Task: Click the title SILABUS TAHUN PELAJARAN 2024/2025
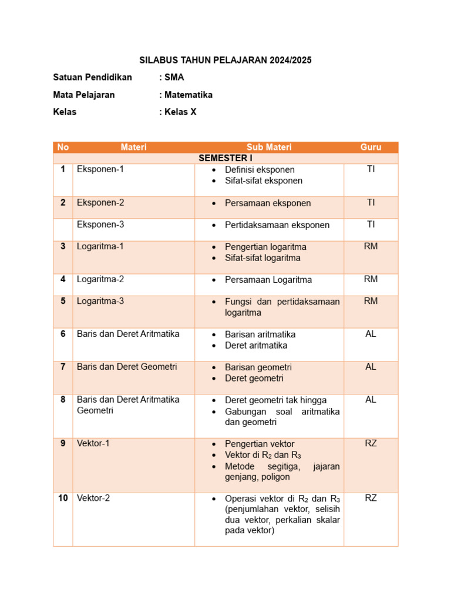tap(225, 60)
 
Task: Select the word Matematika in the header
tap(189, 95)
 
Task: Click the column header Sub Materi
tap(269, 147)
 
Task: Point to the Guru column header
tap(371, 147)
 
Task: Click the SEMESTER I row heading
tap(225, 158)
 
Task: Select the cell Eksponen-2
tap(100, 202)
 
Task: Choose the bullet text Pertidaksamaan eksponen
tap(277, 225)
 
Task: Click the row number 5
tap(63, 301)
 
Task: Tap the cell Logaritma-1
tap(100, 246)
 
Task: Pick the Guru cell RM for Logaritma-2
tap(371, 279)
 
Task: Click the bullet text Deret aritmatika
tap(256, 345)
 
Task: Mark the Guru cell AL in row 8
tap(371, 399)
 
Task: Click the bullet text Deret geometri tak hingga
tap(275, 400)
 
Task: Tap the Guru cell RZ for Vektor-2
tap(371, 498)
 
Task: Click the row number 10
tap(63, 498)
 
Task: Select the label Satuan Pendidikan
tap(92, 77)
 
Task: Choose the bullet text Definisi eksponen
tap(260, 169)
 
